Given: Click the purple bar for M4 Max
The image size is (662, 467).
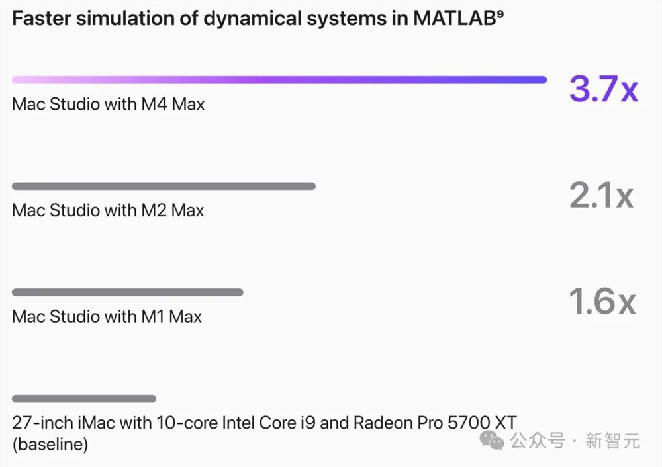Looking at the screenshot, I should tap(279, 80).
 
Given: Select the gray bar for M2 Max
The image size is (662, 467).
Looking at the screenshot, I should tap(164, 186).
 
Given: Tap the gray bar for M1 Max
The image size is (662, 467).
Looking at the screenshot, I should tap(127, 292).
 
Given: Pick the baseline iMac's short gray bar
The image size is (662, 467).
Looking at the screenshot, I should tap(84, 398).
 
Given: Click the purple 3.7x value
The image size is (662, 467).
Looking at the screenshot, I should tap(603, 89).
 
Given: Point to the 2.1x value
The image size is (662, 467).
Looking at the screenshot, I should tap(601, 195).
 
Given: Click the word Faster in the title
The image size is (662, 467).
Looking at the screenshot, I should tap(40, 19).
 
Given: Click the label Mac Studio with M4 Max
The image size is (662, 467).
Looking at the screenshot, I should tap(108, 104).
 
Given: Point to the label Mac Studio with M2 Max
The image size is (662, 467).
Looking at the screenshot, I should tap(108, 210).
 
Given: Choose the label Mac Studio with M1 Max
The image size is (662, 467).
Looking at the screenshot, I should tap(107, 316).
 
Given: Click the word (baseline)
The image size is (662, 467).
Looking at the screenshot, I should tap(50, 444).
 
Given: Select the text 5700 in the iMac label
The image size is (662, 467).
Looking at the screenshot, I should tap(466, 422).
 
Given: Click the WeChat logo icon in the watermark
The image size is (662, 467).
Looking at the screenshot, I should tap(492, 439).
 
